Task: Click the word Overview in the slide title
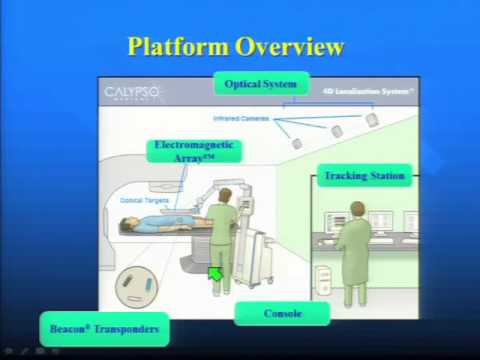[290, 46]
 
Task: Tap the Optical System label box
[260, 84]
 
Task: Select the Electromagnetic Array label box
[194, 151]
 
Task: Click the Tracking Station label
[364, 176]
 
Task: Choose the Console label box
[282, 314]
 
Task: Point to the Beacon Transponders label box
[104, 327]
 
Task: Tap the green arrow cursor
[215, 273]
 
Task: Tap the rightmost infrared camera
[372, 120]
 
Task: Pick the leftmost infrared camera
[297, 143]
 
